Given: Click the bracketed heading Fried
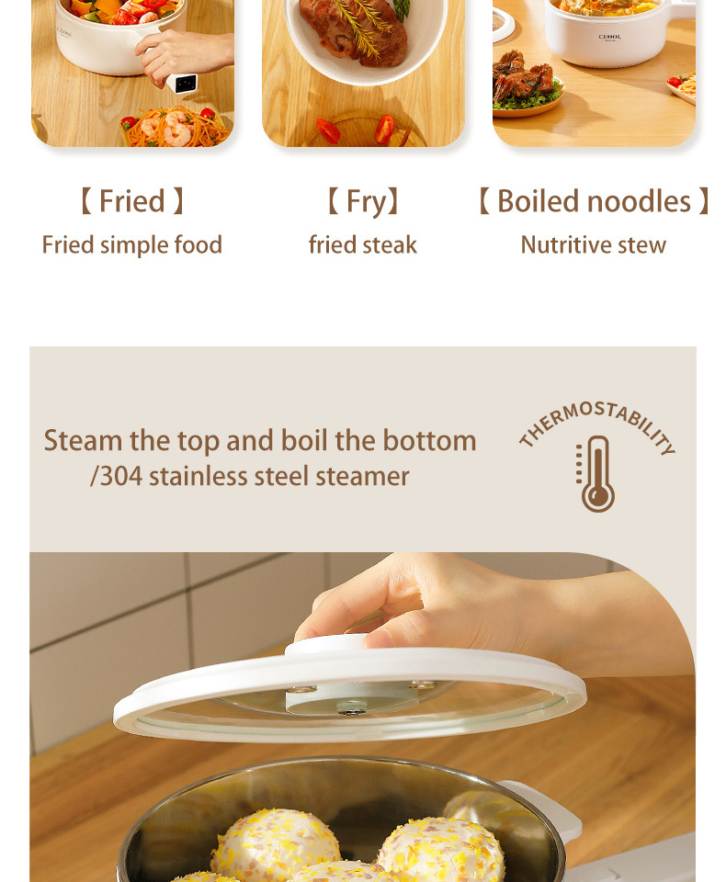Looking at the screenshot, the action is [x=132, y=201].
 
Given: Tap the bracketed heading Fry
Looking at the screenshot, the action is [x=363, y=202].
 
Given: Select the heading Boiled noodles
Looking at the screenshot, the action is [x=594, y=201].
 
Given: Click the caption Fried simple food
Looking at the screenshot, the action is [x=132, y=245].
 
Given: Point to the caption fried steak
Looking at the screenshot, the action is [x=363, y=245].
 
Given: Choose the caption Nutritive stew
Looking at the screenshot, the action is [x=593, y=245].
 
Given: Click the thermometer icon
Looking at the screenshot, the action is [x=596, y=474].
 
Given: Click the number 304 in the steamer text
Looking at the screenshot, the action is [x=121, y=477].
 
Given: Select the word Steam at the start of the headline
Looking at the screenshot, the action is [x=83, y=440].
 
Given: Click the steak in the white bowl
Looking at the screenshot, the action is [x=353, y=31].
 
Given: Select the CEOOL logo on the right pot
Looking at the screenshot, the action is [x=610, y=37].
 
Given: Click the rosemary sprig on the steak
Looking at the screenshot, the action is [x=360, y=26].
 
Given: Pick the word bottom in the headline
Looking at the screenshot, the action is [x=429, y=440].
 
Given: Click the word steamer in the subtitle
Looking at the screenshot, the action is [x=362, y=477].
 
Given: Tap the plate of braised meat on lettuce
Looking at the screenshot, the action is [x=527, y=85].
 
